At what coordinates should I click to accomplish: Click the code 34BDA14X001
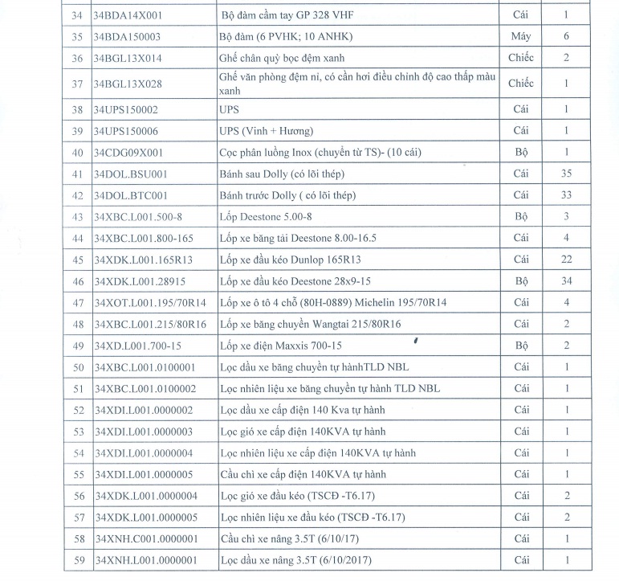click(x=128, y=14)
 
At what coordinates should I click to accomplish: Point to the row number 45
click(x=78, y=260)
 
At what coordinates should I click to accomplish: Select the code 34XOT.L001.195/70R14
click(x=150, y=302)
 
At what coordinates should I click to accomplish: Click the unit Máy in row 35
click(x=520, y=36)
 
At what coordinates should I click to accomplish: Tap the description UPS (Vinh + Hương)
click(x=266, y=130)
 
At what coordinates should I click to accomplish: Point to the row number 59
click(x=78, y=560)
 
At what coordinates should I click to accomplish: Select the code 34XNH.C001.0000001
click(x=146, y=538)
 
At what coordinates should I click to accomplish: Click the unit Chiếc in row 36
click(x=520, y=58)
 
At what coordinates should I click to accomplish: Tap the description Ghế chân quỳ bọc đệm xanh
click(x=287, y=58)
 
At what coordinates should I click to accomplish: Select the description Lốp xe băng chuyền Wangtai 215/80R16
click(x=310, y=324)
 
